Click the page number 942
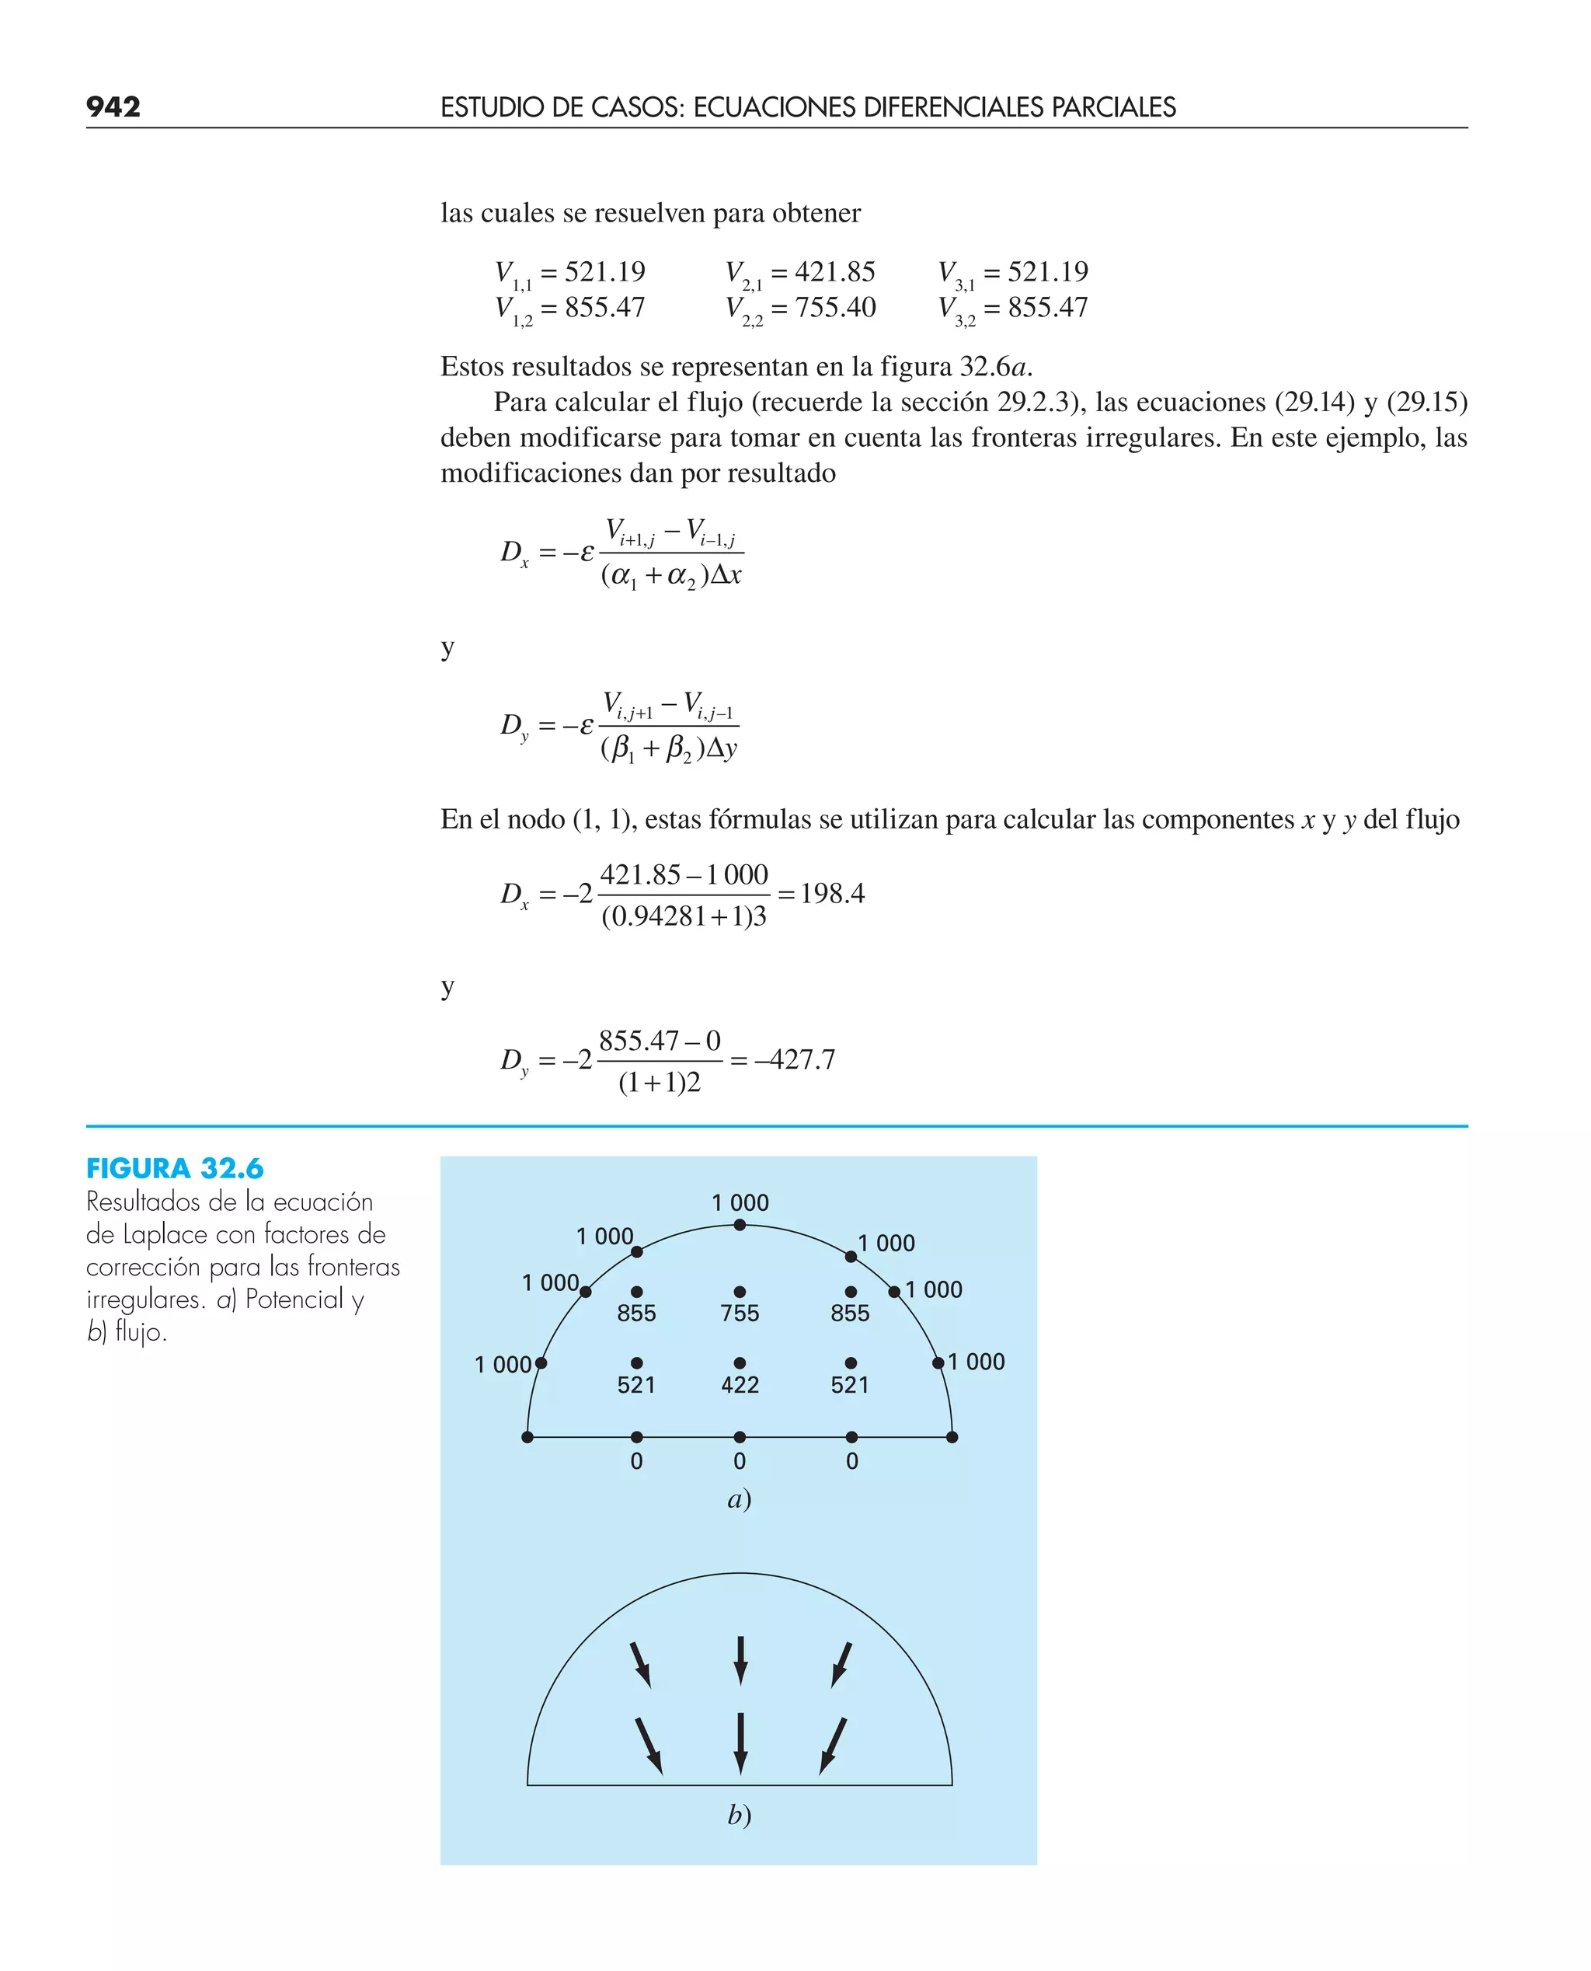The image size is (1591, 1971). tap(113, 106)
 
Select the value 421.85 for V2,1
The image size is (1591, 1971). tap(834, 271)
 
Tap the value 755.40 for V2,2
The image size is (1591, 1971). tap(835, 307)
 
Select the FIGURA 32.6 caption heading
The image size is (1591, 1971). tap(174, 1168)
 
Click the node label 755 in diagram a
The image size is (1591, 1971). tap(740, 1313)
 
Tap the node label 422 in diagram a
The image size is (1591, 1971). tap(740, 1384)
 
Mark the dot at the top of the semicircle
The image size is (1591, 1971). tap(740, 1225)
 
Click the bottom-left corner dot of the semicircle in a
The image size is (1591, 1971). tap(527, 1436)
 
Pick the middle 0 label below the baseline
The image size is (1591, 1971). tap(740, 1461)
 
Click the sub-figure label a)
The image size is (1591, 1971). tap(739, 1499)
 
